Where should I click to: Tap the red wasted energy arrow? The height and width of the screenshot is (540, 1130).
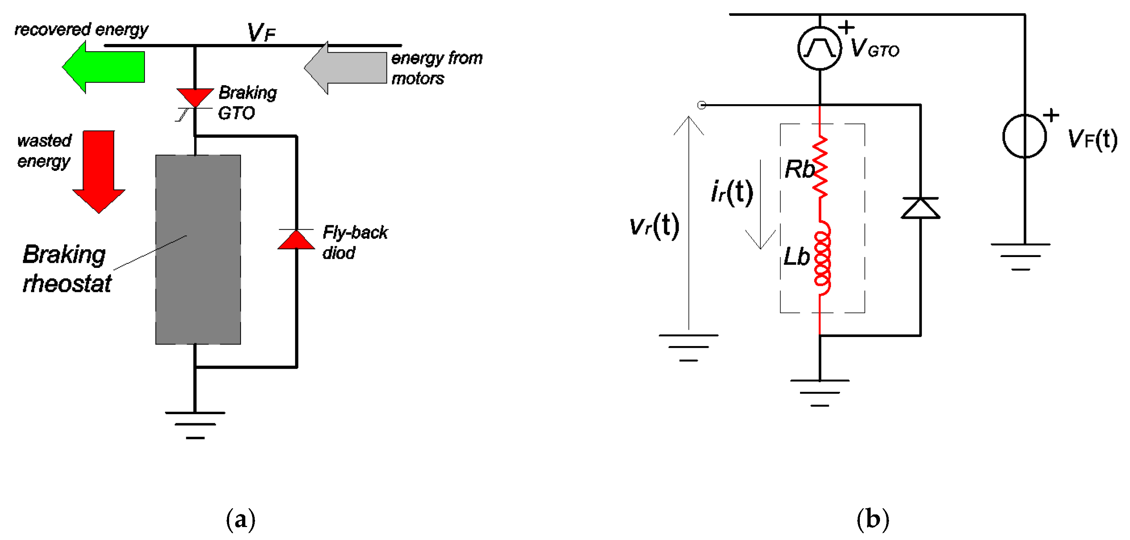99,171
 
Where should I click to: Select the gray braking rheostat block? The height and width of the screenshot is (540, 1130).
198,249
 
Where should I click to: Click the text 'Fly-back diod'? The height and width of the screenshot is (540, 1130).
354,242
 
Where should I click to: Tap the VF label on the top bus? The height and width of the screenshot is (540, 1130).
261,32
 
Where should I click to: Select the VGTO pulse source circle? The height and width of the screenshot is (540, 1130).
819,48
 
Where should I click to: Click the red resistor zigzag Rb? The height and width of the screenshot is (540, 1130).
820,167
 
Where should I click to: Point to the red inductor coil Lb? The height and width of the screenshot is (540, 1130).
822,258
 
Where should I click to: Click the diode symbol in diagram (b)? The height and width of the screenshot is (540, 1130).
920,208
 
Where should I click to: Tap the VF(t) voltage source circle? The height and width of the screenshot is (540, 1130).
1025,136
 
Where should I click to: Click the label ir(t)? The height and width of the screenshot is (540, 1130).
732,192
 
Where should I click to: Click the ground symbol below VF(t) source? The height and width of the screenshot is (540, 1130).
1020,256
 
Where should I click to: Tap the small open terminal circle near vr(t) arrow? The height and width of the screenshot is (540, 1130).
701,105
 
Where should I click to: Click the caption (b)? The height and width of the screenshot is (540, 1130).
872,519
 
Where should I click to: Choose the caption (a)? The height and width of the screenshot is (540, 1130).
240,519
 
